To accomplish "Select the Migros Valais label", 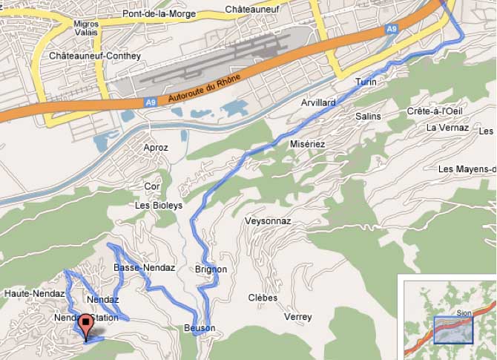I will tap(86, 28).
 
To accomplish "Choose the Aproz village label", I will tap(156, 148).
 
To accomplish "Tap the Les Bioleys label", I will tap(159, 206).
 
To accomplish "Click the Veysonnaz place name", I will tap(268, 221).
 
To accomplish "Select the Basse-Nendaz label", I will tap(144, 267).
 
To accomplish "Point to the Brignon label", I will tap(211, 269).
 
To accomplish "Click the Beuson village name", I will tap(199, 328).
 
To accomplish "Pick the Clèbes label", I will tap(263, 298).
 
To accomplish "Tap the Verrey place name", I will tap(297, 317).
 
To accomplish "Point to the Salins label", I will tap(368, 117).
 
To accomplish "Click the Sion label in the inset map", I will tap(464, 312).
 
